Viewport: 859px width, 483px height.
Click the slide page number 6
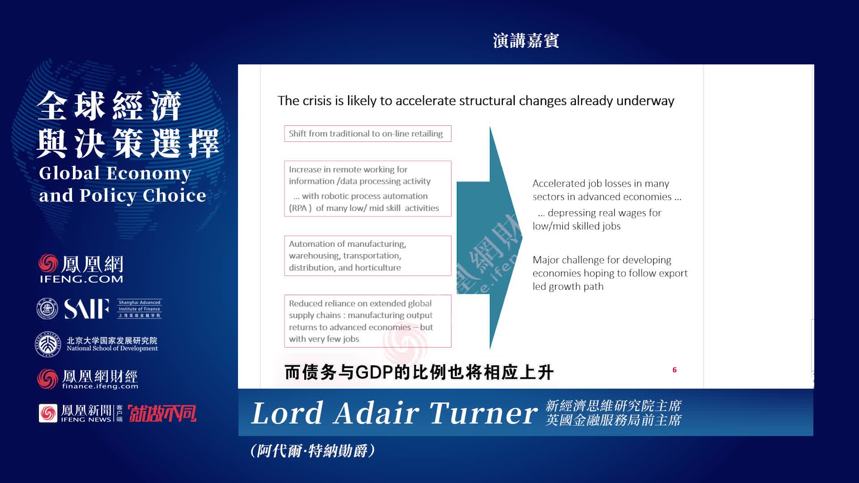[x=674, y=370]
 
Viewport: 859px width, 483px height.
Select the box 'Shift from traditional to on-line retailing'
[x=367, y=134]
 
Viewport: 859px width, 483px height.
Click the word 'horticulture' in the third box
[x=378, y=267]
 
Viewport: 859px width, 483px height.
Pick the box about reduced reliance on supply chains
[x=367, y=321]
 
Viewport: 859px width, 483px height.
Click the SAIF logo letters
[x=87, y=309]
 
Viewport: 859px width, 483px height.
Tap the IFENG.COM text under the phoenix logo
[x=81, y=279]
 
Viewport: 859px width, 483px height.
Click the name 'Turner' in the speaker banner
[x=483, y=413]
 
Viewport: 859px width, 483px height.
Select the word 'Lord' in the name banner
[x=287, y=413]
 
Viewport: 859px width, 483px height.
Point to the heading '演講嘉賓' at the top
[x=526, y=41]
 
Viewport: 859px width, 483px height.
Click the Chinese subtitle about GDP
[x=419, y=372]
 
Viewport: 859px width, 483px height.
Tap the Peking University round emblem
[x=48, y=344]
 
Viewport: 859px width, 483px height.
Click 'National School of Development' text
[x=112, y=348]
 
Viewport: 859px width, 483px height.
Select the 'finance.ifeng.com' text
[x=100, y=386]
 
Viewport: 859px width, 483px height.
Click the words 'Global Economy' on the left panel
[x=115, y=173]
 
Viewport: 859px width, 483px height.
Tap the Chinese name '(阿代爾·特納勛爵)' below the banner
[x=313, y=451]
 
